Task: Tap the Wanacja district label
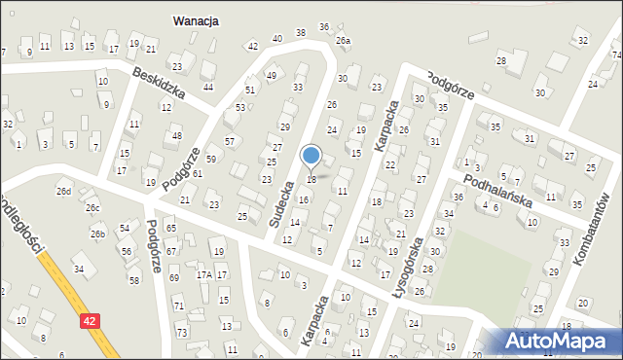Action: (196, 19)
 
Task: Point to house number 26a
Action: (343, 41)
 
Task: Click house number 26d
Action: (64, 191)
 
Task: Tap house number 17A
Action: (203, 275)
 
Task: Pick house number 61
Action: (197, 173)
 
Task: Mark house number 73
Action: (182, 333)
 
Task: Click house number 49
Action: (272, 76)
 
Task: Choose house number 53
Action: (240, 107)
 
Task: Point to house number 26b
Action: (98, 234)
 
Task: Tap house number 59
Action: (211, 159)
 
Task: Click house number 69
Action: (174, 278)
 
